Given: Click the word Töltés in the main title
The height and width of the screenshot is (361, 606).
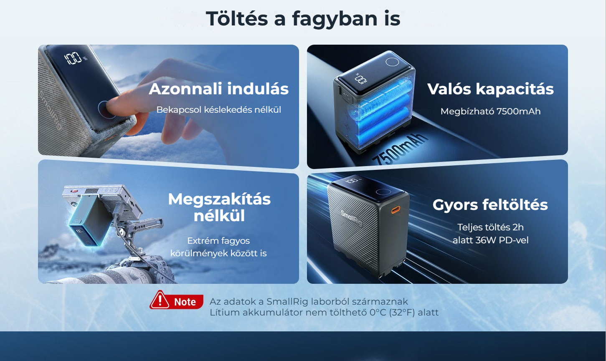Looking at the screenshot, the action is coord(237,18).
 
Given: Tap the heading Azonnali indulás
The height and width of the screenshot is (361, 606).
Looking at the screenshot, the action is coord(218,89).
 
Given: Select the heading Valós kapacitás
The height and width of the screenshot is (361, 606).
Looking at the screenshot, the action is coord(490,89).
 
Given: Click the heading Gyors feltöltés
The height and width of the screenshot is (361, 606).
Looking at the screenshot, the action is coord(490,204).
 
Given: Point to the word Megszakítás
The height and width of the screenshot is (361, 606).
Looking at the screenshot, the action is coord(219,199).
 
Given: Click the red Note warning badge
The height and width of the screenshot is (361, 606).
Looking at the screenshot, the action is coord(176,300).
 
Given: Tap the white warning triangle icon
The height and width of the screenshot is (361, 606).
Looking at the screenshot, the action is coord(160,300).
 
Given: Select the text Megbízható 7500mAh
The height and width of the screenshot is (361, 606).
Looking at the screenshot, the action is coord(490,111).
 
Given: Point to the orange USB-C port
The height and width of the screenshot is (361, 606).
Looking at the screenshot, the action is coord(396,210).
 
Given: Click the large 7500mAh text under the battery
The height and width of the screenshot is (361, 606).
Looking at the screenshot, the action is coord(400,150).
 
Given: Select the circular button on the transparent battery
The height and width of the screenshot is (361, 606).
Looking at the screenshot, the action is coord(392,62).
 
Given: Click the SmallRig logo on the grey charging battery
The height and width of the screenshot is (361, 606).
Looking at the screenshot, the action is coord(351,218).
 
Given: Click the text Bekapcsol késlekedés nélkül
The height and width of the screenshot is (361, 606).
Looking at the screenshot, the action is coord(218,110).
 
